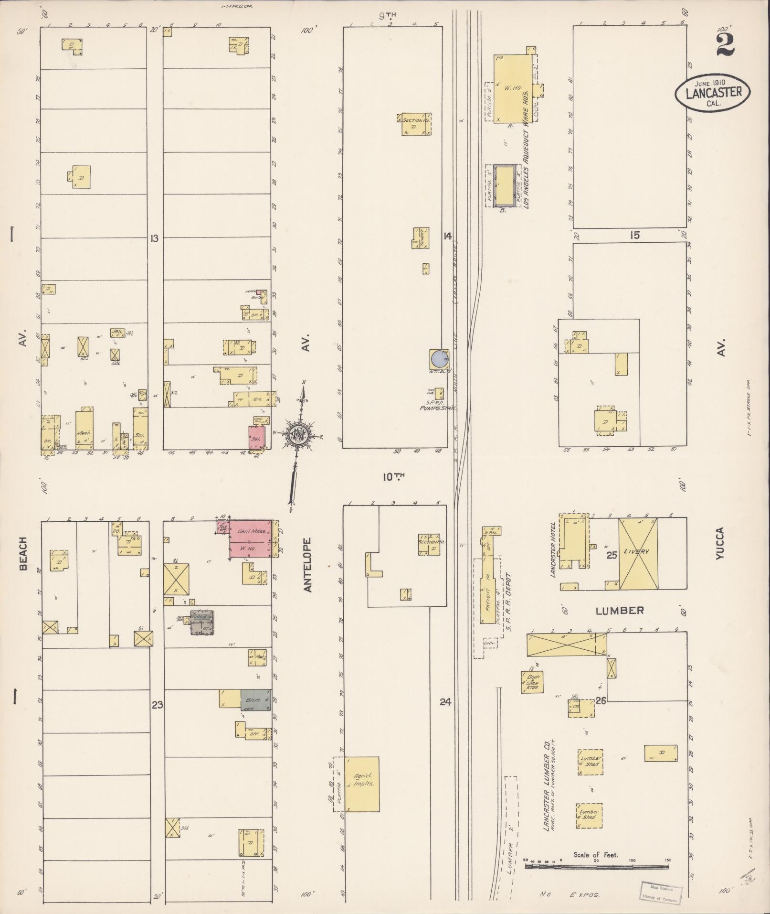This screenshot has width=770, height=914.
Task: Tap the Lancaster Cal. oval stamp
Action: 713,93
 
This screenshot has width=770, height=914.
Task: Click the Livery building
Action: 638,553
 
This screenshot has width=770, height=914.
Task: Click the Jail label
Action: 116,331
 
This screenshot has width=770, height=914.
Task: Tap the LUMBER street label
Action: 619,611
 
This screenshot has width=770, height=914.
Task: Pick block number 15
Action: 634,236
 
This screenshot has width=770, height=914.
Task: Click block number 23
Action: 158,704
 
